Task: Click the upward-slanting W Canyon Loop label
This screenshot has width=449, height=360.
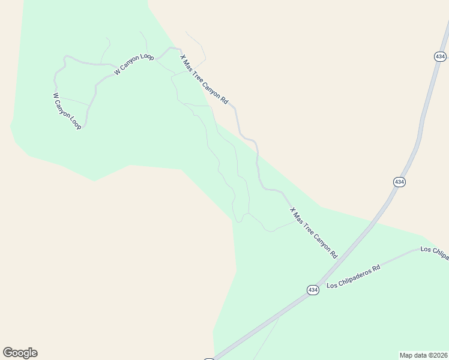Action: [134, 65]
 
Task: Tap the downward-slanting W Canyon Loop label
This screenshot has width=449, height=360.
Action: [67, 111]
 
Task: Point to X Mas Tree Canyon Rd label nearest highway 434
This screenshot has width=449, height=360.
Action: [313, 233]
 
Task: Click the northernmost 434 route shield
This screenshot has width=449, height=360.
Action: [440, 56]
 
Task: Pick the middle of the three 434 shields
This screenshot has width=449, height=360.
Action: [399, 181]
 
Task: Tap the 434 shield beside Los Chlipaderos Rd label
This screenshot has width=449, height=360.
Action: [313, 290]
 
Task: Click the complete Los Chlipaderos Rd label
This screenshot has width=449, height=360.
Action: [354, 277]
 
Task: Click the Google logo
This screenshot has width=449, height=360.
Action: [20, 353]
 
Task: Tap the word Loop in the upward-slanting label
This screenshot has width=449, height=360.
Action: [147, 58]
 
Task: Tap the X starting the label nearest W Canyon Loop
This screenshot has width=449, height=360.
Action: [183, 58]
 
